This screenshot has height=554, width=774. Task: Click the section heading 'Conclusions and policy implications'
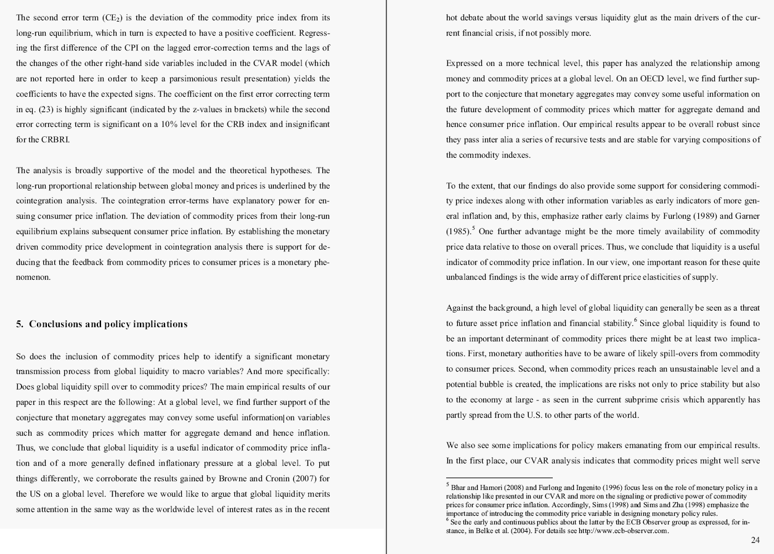(x=108, y=324)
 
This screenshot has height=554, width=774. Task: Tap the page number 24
(x=756, y=540)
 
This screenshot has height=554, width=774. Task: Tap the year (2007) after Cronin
(x=302, y=479)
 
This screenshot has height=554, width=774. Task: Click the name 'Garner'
(x=747, y=216)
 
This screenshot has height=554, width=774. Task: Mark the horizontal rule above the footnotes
(x=499, y=478)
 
